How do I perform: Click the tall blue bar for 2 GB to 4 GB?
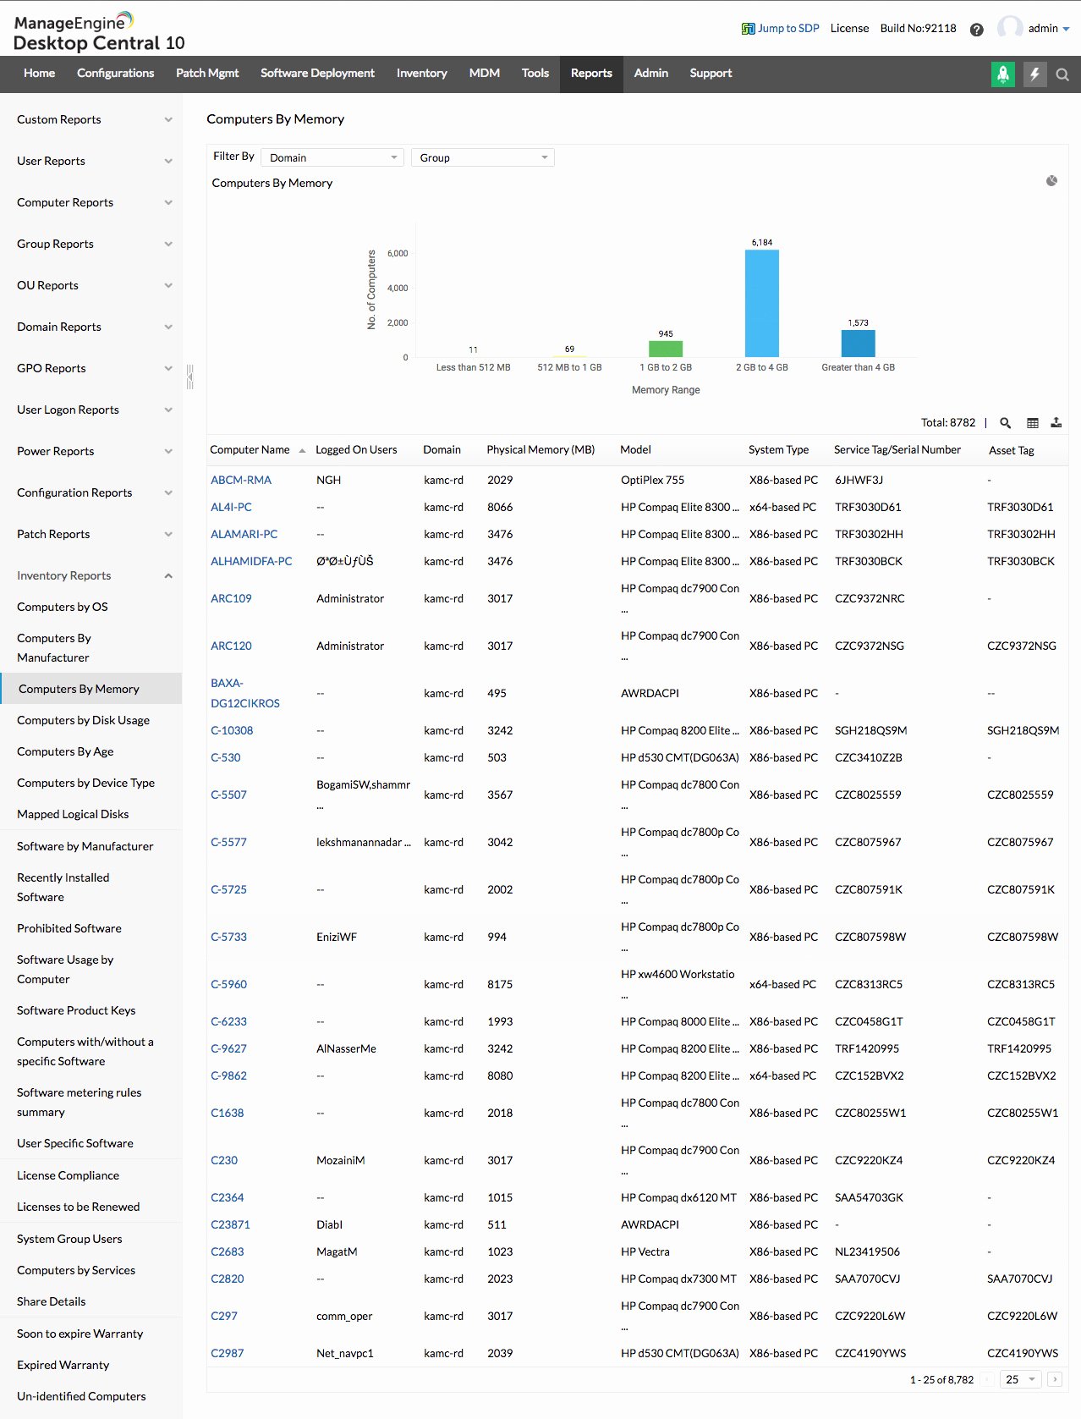point(761,303)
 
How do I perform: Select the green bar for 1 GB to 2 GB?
point(666,349)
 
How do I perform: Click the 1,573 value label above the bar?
point(858,322)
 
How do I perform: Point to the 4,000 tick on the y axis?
point(398,288)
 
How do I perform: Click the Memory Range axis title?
point(666,390)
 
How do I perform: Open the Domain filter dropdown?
point(332,157)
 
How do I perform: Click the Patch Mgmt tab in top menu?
point(207,74)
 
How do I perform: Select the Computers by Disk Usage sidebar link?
point(83,720)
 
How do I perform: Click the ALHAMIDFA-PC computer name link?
point(251,561)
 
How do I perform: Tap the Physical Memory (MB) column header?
point(540,450)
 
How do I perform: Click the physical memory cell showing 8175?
point(500,984)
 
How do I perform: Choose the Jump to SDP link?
point(781,28)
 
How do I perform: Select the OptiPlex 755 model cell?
point(652,480)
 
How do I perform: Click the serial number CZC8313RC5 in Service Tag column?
point(869,984)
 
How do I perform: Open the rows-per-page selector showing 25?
point(1020,1379)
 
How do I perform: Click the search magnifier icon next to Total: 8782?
point(1006,423)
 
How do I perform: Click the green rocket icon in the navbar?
point(1002,74)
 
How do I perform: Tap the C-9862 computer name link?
point(228,1075)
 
